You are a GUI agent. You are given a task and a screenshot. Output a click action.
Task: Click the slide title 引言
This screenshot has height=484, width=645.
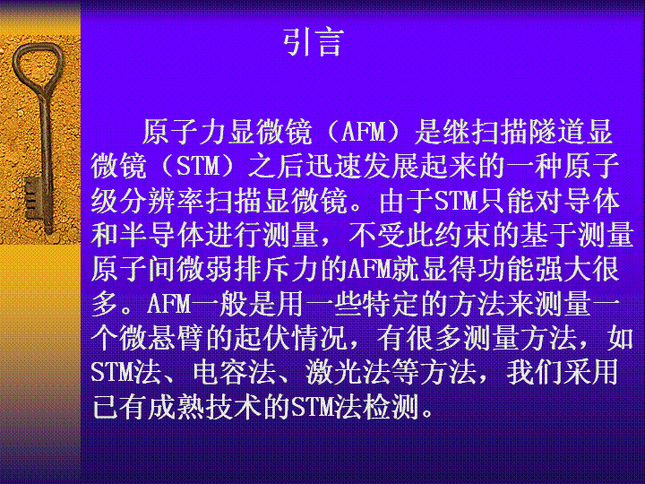tap(314, 42)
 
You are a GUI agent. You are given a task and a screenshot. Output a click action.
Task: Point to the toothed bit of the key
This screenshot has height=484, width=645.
tap(34, 198)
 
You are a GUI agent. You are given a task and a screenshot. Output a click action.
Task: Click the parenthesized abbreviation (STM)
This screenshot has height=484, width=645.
tap(197, 167)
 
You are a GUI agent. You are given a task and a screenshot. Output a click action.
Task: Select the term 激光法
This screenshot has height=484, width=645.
tap(348, 374)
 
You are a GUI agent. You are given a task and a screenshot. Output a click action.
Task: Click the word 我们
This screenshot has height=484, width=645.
tap(534, 374)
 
